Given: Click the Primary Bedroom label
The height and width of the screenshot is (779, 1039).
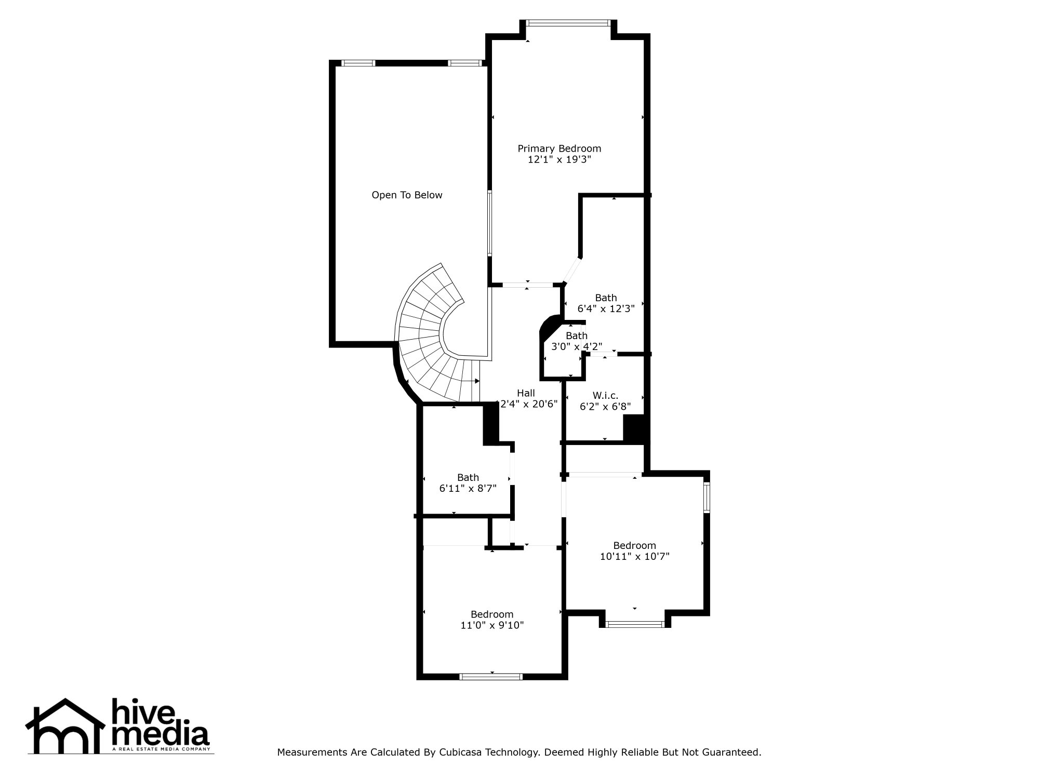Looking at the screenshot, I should [559, 149].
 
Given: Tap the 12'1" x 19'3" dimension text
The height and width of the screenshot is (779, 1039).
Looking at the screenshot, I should [559, 160].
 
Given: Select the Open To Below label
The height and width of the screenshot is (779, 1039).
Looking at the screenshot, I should [407, 195].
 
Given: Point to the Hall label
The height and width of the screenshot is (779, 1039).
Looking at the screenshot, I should [526, 393].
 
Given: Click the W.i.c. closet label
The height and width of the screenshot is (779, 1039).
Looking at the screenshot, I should [605, 396].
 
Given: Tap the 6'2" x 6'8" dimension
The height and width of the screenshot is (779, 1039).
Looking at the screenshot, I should [605, 407].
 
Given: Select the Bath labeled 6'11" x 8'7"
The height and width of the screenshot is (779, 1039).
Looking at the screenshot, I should [468, 477].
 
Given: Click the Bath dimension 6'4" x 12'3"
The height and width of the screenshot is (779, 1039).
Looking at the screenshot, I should [606, 309].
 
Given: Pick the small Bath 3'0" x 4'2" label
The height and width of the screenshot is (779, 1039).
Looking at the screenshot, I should [576, 336].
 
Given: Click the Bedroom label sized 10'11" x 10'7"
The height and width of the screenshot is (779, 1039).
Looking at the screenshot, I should [634, 545].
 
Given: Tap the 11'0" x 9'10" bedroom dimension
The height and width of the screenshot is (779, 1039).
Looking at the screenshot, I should [491, 626].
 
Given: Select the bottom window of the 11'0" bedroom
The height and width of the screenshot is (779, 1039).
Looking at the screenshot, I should [491, 676].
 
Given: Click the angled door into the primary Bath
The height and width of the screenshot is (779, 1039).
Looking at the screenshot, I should [572, 270].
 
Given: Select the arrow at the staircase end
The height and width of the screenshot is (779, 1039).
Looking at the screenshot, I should [476, 381].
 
